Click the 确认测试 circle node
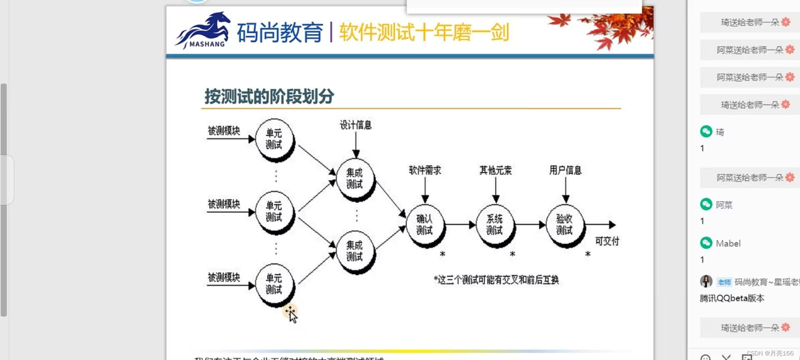click(425, 225)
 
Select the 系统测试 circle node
click(495, 225)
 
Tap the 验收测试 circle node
click(565, 225)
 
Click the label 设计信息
click(355, 125)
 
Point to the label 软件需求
click(425, 170)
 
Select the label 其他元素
click(495, 170)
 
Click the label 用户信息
click(565, 170)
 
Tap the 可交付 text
click(607, 241)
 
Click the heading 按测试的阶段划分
click(269, 96)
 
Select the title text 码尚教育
click(280, 32)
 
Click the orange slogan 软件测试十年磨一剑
click(424, 32)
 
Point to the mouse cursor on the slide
click(291, 313)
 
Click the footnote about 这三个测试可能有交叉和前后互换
click(496, 280)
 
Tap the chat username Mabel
click(728, 243)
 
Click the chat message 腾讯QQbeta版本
click(732, 298)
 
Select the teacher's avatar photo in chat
click(706, 281)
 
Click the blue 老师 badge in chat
click(724, 282)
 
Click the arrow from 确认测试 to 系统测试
click(460, 225)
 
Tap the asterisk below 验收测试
click(587, 254)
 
